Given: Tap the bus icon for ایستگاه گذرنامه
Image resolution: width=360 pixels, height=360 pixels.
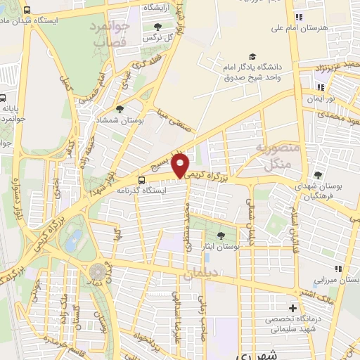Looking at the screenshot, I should click(x=143, y=179).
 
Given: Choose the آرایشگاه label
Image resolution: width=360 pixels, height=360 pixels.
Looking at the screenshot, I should click(x=161, y=7).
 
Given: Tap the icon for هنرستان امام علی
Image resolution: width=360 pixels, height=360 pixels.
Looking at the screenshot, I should click(x=300, y=17).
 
